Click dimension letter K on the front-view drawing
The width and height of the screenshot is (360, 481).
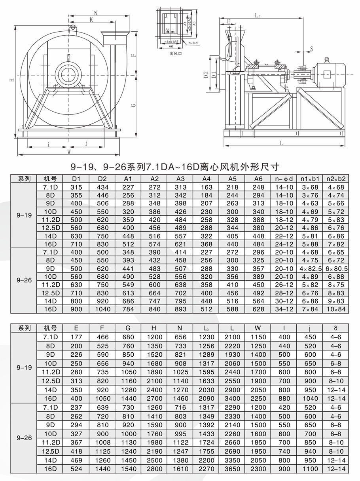tap(91, 19)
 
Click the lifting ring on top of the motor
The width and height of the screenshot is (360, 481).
tap(327, 60)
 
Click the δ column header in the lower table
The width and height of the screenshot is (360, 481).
tap(336, 328)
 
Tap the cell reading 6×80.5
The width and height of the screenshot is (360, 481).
tap(336, 268)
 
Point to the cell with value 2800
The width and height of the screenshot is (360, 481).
tap(154, 469)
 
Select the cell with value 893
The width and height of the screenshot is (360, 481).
tap(180, 309)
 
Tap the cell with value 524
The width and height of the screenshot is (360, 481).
tap(76, 469)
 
